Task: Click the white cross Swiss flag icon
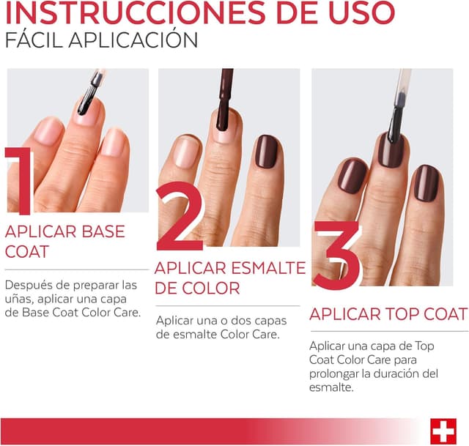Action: (443, 431)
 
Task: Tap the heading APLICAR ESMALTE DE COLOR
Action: (229, 278)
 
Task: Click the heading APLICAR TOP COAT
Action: (388, 314)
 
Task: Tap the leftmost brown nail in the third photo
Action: (352, 176)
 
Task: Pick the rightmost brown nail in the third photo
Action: (426, 182)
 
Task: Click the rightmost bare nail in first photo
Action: (114, 141)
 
